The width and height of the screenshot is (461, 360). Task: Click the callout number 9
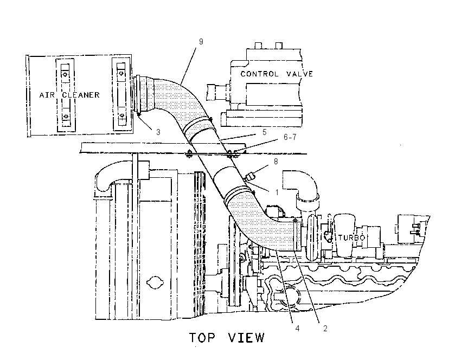(201, 42)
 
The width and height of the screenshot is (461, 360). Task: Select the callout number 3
(158, 132)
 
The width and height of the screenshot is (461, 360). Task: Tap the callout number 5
(264, 132)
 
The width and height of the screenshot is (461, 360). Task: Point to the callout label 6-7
(290, 137)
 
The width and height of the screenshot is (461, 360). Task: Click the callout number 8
(276, 162)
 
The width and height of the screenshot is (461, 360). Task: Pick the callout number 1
(277, 192)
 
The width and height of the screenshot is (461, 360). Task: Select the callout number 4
(298, 328)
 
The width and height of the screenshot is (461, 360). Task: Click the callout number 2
(325, 328)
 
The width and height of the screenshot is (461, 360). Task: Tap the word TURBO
(351, 237)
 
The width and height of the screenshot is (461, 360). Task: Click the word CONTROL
(259, 74)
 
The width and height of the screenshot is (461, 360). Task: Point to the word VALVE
(299, 74)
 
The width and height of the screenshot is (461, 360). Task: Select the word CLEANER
(81, 95)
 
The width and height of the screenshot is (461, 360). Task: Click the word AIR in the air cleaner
(47, 95)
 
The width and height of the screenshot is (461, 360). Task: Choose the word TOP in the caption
(202, 338)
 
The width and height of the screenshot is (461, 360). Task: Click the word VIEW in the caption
(246, 338)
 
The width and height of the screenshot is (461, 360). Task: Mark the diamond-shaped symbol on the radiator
(155, 282)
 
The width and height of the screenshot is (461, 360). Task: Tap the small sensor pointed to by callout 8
(250, 177)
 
